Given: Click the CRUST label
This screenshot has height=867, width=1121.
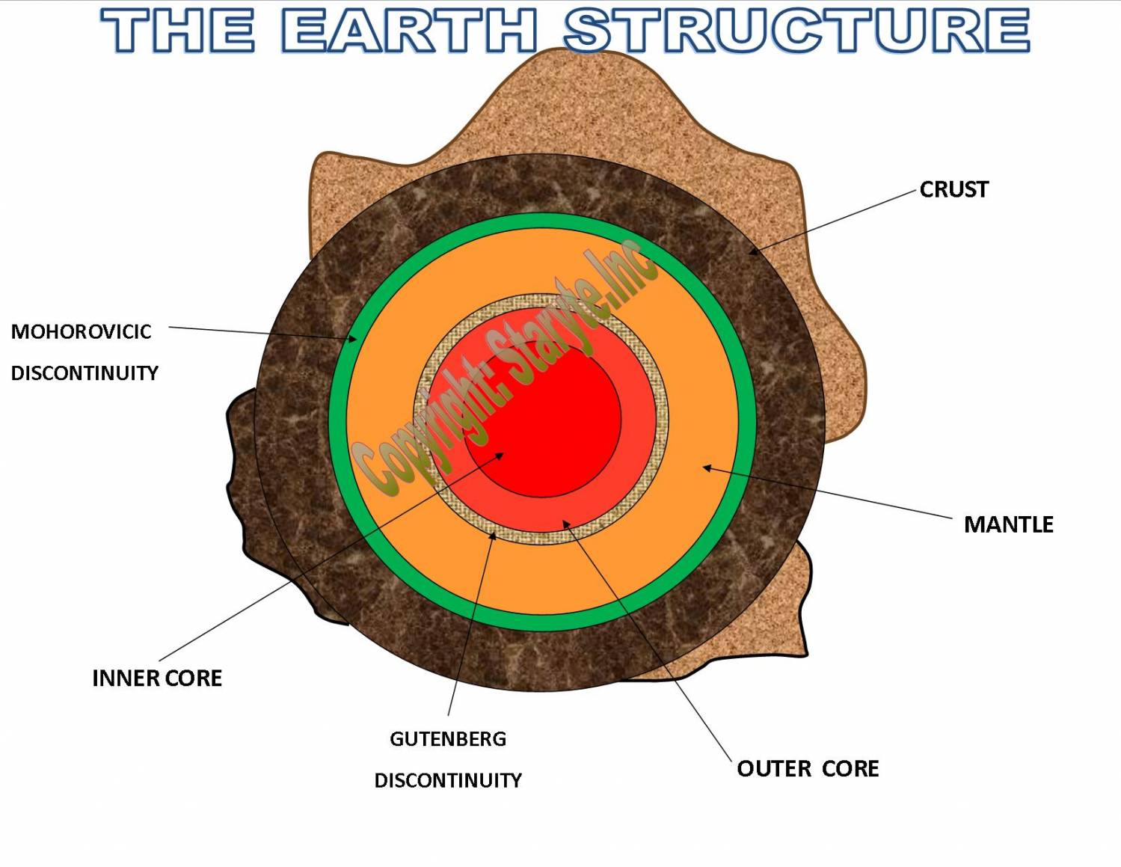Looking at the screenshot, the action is (953, 189).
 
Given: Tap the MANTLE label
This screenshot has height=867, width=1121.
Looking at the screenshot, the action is (1009, 524).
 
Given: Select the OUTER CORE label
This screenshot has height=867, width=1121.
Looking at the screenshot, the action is (808, 769).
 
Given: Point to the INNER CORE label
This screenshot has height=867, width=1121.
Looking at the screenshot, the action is (157, 678).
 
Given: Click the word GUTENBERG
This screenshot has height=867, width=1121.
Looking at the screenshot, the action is (448, 739).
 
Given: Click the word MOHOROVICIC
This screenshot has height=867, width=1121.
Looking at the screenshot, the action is (81, 332).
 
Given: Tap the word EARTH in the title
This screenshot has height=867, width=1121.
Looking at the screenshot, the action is (408, 30).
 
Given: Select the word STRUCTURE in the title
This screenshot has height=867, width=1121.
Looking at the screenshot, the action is (797, 30).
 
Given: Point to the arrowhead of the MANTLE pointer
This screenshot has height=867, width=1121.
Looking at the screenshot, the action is (707, 468).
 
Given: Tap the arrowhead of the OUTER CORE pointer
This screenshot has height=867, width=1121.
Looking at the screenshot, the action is (565, 524).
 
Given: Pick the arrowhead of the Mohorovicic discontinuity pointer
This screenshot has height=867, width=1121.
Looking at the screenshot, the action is (352, 339).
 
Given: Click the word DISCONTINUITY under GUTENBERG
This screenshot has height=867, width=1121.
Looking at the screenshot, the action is (448, 780).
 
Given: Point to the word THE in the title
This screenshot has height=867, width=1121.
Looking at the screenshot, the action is (178, 30).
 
